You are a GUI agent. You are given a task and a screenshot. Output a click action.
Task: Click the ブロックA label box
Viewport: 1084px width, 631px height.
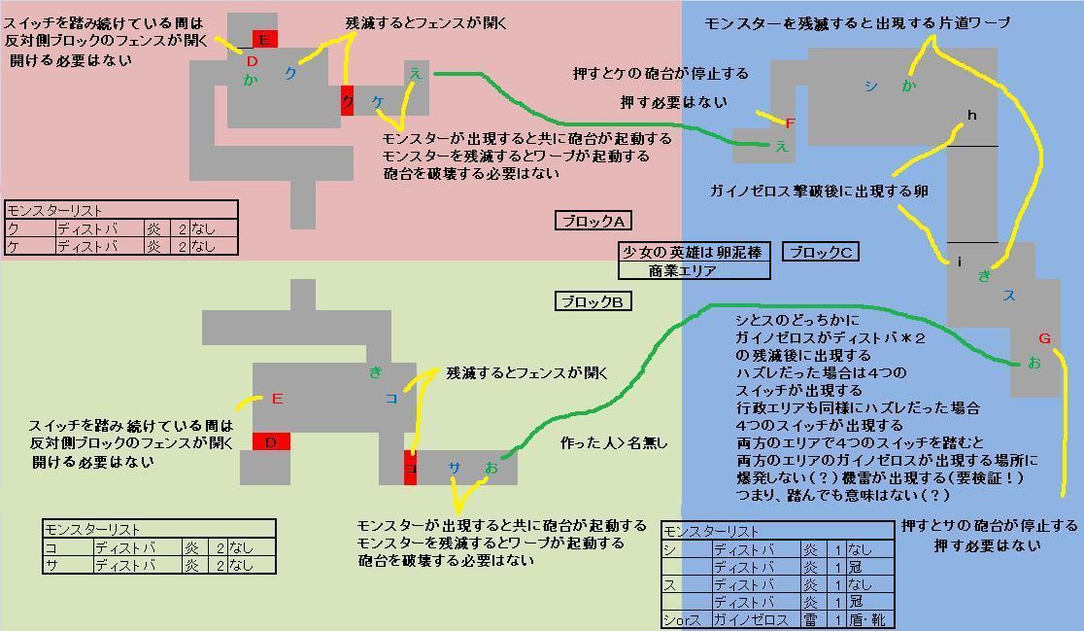pos(593,221)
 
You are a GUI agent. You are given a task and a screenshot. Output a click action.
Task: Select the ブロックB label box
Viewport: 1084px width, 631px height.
pos(593,301)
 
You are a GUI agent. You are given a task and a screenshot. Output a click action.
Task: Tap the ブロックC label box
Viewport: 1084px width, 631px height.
pos(821,252)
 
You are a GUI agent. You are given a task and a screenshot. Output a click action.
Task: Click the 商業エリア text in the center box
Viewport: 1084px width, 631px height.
pos(682,270)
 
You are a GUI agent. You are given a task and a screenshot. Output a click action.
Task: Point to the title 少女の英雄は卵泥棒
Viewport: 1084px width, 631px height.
pos(694,252)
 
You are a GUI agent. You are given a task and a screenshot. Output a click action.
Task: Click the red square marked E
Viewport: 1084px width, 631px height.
pos(263,40)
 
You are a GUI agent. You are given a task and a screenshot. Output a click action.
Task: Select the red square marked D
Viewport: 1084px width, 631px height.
pos(271,442)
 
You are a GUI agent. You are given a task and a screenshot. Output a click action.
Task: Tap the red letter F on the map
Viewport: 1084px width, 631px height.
pos(790,123)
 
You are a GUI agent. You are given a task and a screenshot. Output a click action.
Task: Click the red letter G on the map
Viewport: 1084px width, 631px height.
pos(1045,338)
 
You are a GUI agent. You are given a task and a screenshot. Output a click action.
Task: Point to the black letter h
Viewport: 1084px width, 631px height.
pos(971,116)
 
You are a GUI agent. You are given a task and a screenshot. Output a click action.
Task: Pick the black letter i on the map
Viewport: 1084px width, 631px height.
pos(960,262)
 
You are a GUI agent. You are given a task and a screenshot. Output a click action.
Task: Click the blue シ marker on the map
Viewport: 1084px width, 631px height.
pos(870,86)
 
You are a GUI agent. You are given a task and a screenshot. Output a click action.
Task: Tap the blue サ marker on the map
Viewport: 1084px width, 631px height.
pos(454,468)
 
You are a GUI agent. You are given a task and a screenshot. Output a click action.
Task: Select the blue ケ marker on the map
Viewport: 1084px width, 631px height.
pos(378,101)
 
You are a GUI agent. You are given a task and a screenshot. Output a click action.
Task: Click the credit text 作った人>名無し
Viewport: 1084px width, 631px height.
pos(614,442)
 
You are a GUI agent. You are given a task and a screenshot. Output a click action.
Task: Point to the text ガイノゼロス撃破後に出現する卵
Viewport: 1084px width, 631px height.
pos(819,192)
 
